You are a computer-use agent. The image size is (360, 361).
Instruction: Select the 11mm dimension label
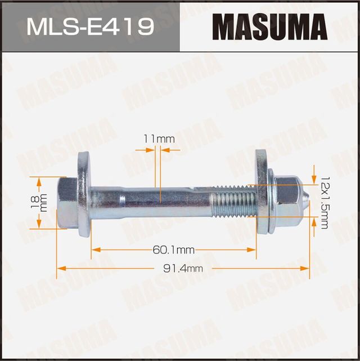(159, 138)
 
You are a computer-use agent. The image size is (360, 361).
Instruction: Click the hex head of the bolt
(67, 203)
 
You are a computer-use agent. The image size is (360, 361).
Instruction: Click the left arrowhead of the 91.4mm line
(60, 269)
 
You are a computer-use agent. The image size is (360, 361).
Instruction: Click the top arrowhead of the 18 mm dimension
(39, 180)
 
